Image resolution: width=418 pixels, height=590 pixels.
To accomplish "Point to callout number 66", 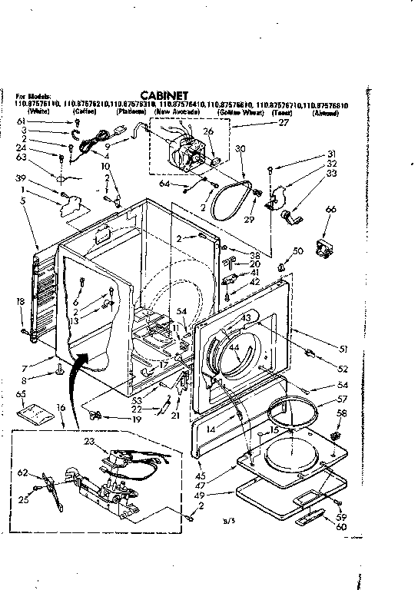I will (331, 209).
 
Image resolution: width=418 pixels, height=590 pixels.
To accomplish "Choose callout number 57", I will (343, 399).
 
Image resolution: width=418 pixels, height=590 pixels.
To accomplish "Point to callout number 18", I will (19, 302).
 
